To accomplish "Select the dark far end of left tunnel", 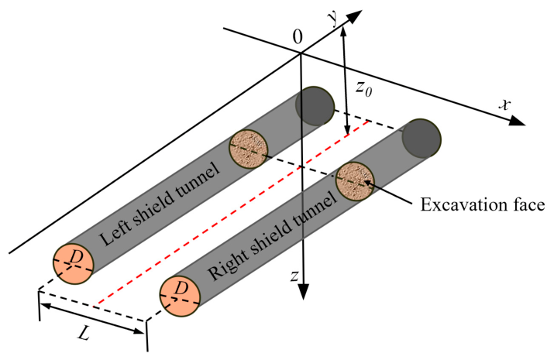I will pos(316,105).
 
